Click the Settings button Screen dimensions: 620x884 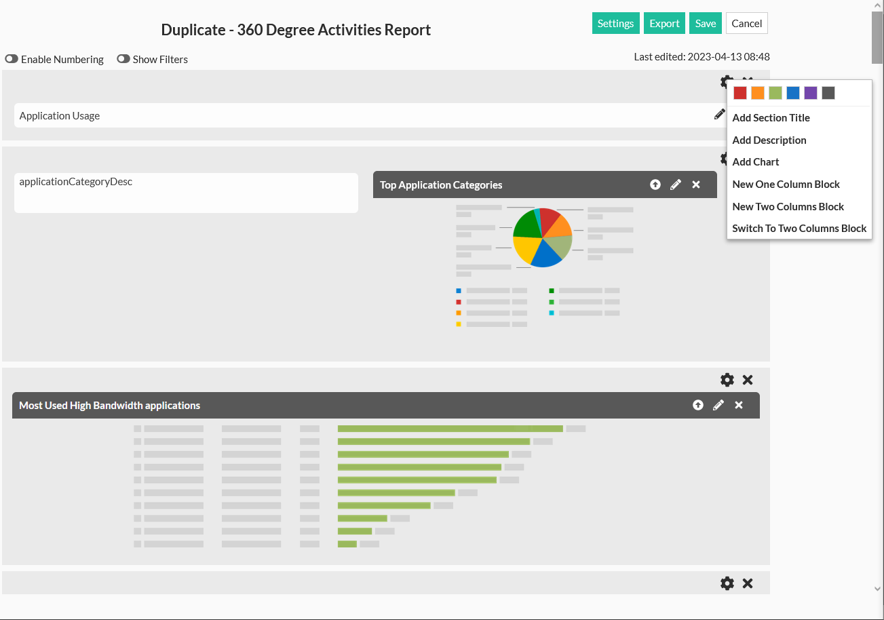click(x=615, y=23)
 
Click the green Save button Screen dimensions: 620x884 click(x=705, y=23)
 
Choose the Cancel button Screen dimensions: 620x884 click(x=746, y=23)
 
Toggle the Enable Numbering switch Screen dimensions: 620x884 click(x=12, y=59)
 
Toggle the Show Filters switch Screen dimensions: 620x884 click(x=123, y=59)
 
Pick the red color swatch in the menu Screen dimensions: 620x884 click(x=740, y=93)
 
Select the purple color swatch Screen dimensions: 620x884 click(x=811, y=93)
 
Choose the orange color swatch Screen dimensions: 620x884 click(x=758, y=93)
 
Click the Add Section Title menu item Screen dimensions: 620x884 click(x=771, y=118)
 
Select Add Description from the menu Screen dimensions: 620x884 click(x=769, y=140)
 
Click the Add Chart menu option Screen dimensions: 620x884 click(x=756, y=162)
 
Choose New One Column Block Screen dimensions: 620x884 click(x=786, y=185)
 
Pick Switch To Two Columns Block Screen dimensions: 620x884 click(x=799, y=229)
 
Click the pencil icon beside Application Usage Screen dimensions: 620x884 click(x=719, y=115)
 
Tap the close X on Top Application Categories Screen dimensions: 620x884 click(x=696, y=185)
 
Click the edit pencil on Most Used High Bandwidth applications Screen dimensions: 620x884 click(x=718, y=405)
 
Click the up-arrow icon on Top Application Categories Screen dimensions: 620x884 click(x=655, y=185)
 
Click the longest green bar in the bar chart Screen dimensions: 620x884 click(x=450, y=429)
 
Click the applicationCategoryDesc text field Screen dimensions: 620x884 click(x=186, y=193)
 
